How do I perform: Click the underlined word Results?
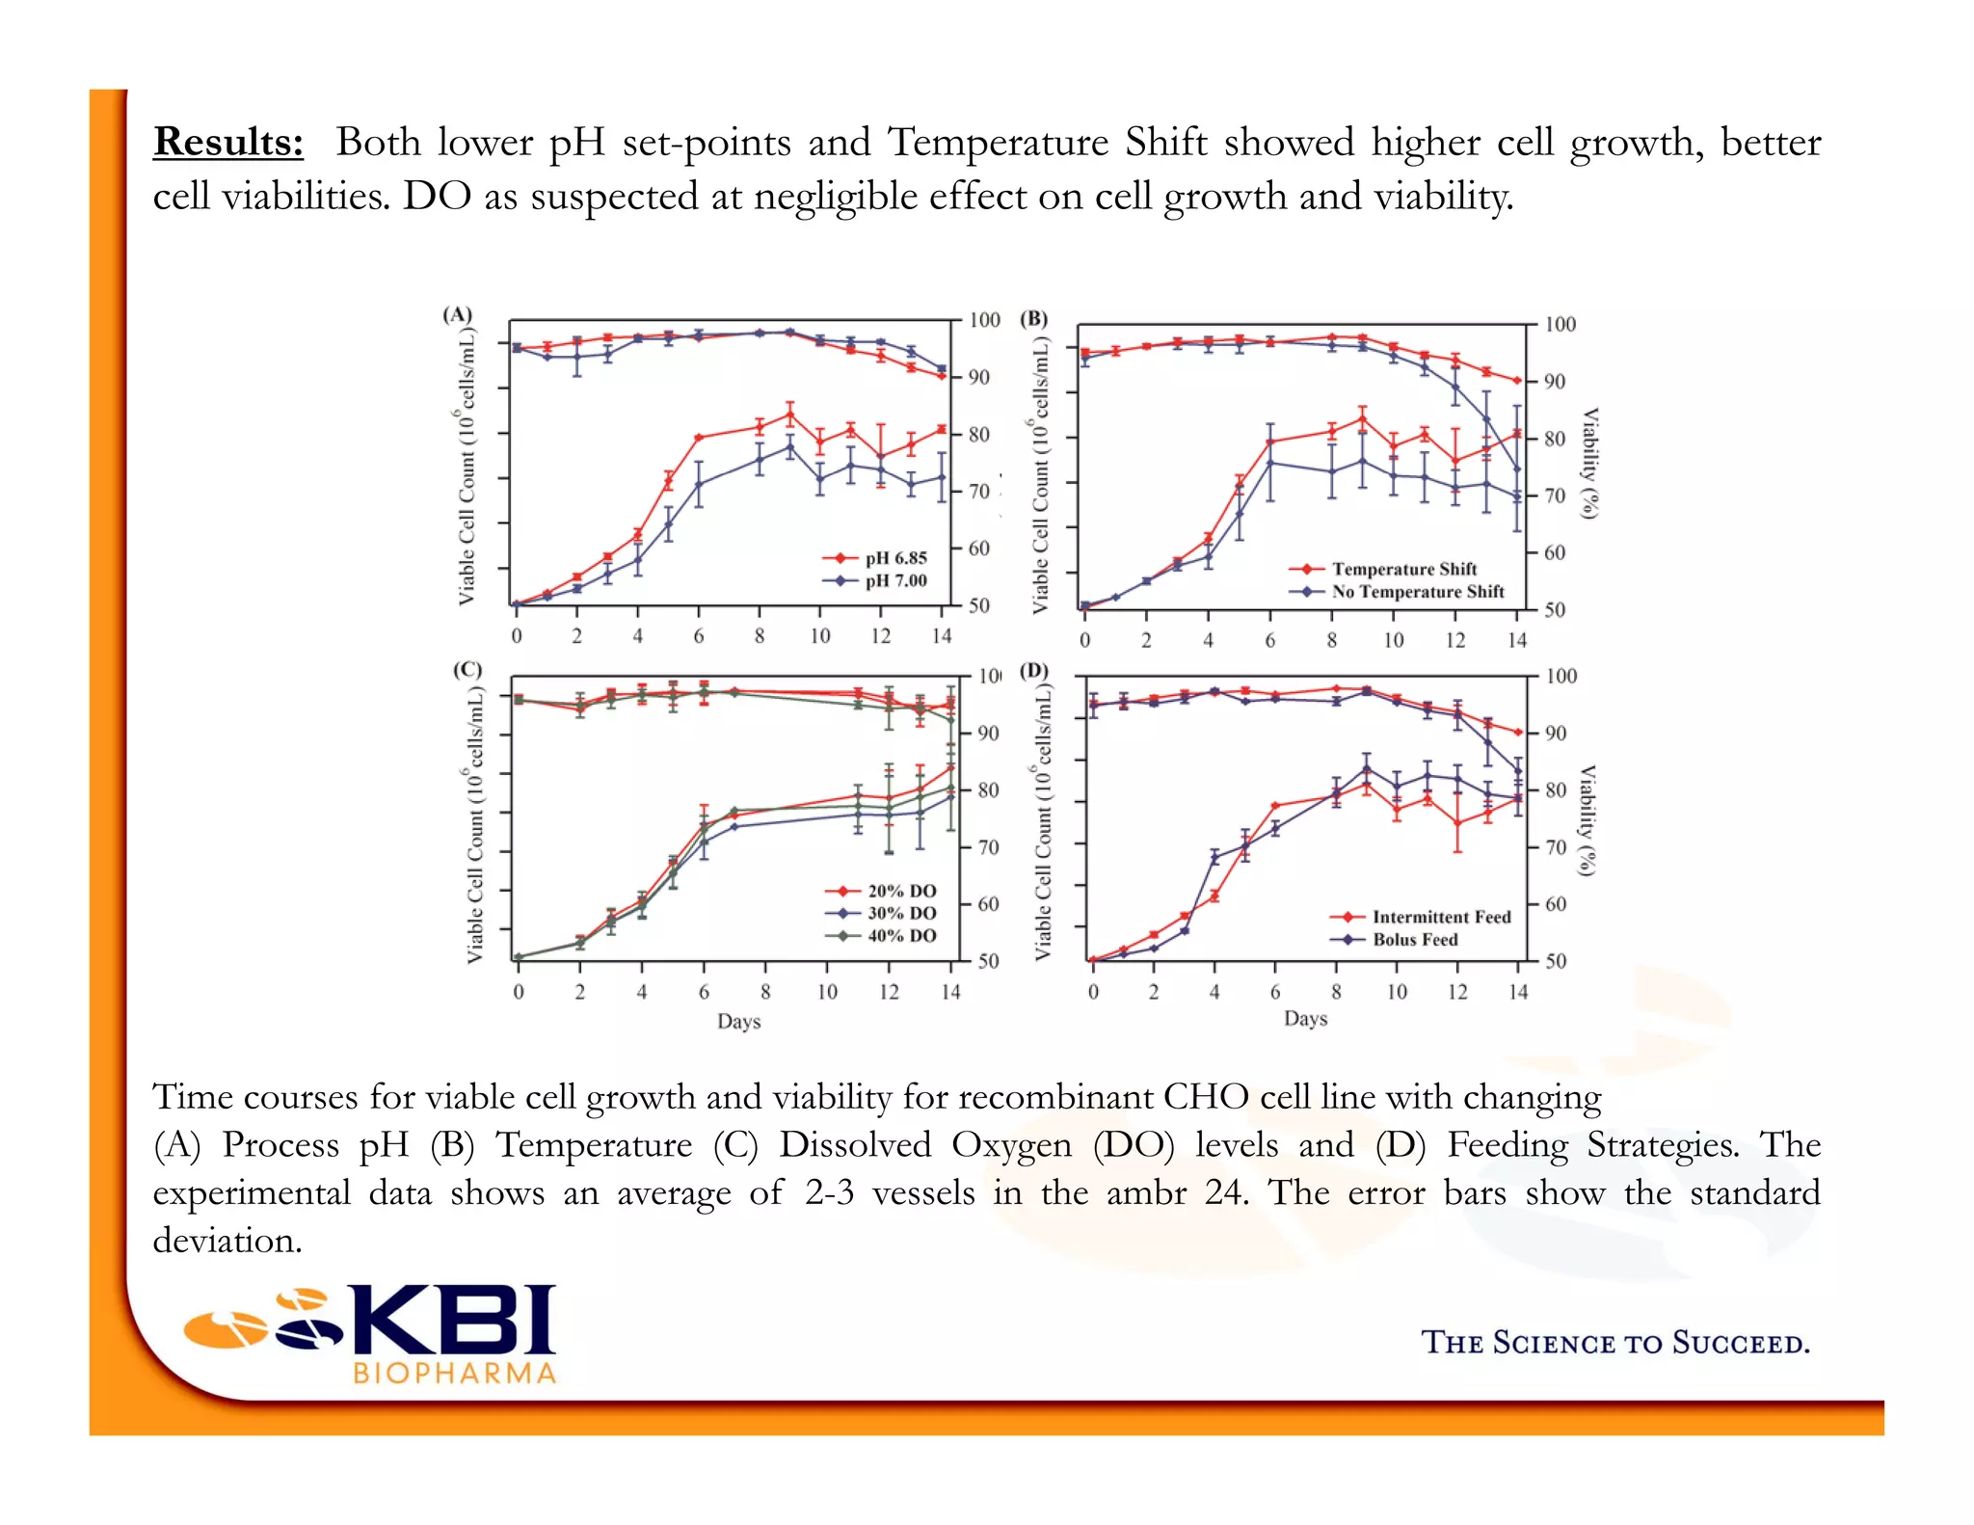228,142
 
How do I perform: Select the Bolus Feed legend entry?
1415,940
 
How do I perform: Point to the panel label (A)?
457,314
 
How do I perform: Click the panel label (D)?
1034,670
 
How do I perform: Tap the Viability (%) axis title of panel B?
1590,463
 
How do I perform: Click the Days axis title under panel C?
738,1021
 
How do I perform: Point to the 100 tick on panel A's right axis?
984,320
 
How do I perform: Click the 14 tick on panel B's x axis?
1517,640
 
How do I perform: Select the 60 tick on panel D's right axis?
1555,904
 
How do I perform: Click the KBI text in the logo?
455,1320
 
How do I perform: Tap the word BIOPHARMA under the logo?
455,1374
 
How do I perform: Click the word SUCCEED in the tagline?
1740,1343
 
